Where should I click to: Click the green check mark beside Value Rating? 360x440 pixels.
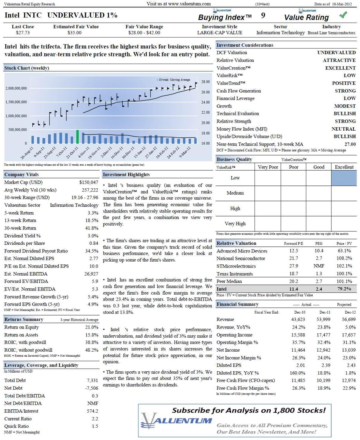(x=343, y=15)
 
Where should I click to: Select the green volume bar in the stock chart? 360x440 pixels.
(x=78, y=137)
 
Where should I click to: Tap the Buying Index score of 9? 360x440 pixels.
(x=263, y=16)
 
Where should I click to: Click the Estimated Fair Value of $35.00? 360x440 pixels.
(x=74, y=33)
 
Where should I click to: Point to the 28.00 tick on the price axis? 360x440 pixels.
(x=206, y=82)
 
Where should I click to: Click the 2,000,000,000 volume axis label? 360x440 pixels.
(x=16, y=88)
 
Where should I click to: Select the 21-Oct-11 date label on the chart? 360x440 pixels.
(x=72, y=153)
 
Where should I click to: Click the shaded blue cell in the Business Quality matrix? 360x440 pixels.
(x=344, y=178)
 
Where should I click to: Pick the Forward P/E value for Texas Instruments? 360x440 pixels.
(x=293, y=274)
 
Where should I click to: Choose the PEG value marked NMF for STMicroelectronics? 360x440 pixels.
(x=319, y=266)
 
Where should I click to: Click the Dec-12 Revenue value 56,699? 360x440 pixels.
(x=348, y=320)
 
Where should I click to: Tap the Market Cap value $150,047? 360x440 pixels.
(x=89, y=182)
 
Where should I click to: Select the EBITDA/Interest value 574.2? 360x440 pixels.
(x=92, y=411)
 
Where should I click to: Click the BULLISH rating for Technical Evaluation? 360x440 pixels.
(x=345, y=114)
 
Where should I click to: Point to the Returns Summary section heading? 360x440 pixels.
(x=24, y=320)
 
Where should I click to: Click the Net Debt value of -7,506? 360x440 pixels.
(x=91, y=388)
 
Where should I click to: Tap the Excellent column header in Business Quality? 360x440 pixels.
(x=344, y=167)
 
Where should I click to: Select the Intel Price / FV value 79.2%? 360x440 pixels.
(x=344, y=289)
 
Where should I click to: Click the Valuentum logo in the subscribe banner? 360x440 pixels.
(x=177, y=421)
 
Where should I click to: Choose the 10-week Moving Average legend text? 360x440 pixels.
(x=174, y=80)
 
